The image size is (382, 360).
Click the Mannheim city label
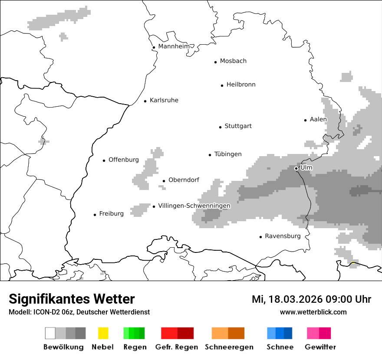(174, 46)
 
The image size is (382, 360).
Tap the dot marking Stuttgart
(220, 127)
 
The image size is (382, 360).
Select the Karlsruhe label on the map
(164, 100)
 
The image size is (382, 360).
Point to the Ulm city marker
(296, 168)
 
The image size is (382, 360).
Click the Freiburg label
(111, 213)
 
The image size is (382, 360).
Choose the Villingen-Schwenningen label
(194, 206)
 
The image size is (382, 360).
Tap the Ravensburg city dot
(260, 237)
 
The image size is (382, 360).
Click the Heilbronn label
(241, 85)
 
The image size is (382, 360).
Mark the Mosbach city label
(233, 61)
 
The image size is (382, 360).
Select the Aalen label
(318, 119)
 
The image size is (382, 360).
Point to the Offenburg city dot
(104, 160)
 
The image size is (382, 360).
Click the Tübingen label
(228, 154)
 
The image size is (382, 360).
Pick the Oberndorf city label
(184, 180)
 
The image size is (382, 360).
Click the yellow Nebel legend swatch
(103, 333)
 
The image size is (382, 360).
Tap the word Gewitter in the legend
(320, 347)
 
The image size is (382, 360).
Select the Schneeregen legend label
(229, 347)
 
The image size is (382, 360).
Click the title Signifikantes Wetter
(72, 299)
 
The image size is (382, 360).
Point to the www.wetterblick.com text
(313, 312)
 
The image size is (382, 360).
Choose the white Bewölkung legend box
(50, 333)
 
